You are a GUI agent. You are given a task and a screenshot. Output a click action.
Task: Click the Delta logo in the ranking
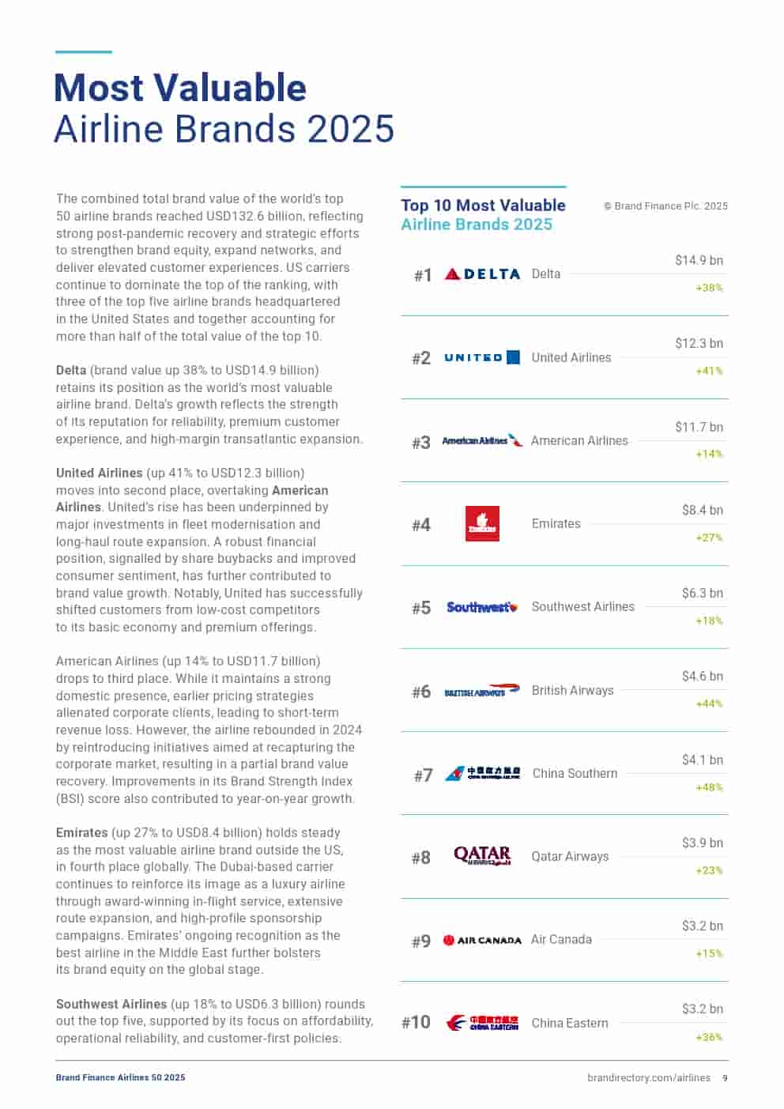482,274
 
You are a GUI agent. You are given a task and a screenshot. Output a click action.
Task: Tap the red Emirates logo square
482,524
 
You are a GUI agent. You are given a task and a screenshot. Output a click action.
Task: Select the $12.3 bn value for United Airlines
699,344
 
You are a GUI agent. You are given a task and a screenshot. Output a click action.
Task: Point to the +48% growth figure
709,787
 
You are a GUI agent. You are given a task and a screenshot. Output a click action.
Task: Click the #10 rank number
416,1022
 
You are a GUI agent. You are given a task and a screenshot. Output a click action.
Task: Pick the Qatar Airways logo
482,856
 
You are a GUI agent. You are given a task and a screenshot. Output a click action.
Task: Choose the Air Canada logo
482,940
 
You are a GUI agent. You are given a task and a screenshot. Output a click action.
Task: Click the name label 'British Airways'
572,690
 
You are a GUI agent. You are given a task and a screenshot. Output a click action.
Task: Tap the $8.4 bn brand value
702,510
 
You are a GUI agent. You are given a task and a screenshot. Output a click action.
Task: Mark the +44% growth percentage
709,703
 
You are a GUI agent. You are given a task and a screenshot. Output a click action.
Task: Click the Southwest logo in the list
482,607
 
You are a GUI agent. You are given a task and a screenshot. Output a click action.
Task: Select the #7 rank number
423,775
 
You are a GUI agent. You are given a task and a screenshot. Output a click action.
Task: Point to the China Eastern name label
570,1023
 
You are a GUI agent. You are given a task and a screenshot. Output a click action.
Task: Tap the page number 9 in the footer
725,1077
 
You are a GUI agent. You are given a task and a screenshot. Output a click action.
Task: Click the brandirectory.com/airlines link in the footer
648,1077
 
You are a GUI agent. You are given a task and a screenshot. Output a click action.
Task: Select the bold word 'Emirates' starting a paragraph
81,832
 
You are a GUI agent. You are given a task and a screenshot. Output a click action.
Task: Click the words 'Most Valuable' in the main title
180,88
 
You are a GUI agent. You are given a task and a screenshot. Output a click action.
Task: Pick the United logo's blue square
513,357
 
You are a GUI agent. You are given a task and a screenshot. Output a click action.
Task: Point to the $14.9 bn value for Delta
699,261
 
